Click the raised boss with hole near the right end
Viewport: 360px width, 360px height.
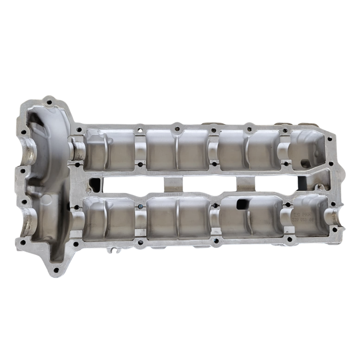tap(318, 187)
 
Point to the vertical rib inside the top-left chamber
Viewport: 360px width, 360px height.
tap(105, 151)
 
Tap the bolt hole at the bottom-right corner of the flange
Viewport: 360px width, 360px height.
tap(334, 229)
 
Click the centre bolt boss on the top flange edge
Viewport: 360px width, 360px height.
tap(176, 127)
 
